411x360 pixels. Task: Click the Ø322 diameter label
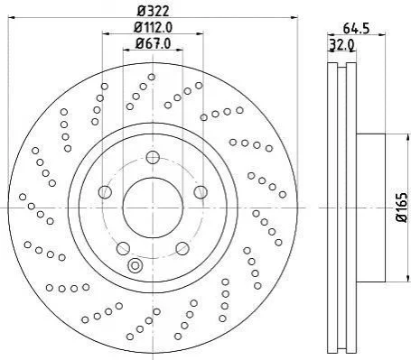[x=154, y=12]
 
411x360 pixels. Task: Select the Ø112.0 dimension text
[x=154, y=28]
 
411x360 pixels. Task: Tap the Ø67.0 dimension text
[x=153, y=43]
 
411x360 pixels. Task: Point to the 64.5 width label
[x=356, y=29]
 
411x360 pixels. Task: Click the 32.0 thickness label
[x=341, y=45]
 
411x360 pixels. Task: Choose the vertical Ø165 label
[x=403, y=208]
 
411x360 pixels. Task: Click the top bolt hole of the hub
[x=153, y=158]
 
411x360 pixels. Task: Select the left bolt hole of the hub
[x=105, y=192]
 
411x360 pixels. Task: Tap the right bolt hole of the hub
[x=201, y=192]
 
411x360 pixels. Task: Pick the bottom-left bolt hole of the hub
[x=123, y=248]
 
